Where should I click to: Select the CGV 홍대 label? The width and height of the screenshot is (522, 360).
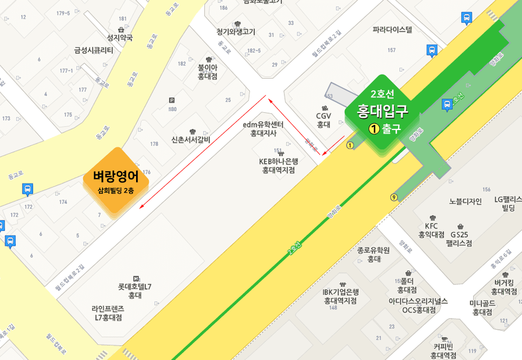click(x=324, y=120)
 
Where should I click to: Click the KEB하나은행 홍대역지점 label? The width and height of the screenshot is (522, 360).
click(x=278, y=166)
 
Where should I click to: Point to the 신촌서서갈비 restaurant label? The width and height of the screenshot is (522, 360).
click(x=191, y=140)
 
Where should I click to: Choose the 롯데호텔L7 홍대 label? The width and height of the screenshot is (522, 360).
click(x=135, y=291)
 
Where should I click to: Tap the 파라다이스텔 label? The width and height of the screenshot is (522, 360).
click(x=392, y=30)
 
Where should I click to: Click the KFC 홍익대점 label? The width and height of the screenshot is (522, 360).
click(x=432, y=230)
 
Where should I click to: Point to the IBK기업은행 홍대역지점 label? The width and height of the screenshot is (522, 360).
click(x=341, y=296)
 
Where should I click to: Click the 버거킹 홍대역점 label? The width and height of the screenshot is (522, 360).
click(x=504, y=287)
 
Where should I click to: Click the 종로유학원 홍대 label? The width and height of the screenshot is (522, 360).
click(x=374, y=254)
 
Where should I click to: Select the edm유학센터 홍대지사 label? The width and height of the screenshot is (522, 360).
click(x=263, y=129)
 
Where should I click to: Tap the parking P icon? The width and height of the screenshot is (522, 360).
click(x=171, y=100)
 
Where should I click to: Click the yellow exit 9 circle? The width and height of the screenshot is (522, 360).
click(x=394, y=198)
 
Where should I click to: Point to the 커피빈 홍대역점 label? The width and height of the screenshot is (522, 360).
click(x=443, y=351)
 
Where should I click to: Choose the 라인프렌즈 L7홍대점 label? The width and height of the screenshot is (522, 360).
click(x=108, y=313)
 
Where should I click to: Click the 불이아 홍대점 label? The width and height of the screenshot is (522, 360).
click(x=207, y=72)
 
